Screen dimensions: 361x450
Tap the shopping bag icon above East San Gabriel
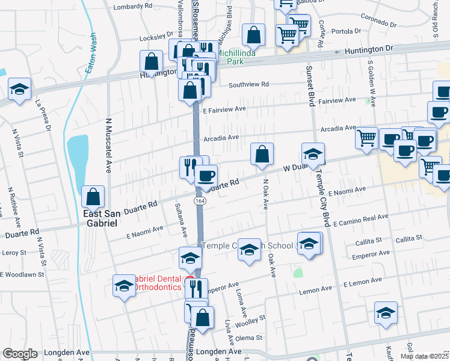pyautogui.click(x=93, y=196)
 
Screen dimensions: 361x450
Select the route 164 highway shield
pyautogui.click(x=198, y=199)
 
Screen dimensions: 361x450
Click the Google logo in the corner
pyautogui.click(x=20, y=354)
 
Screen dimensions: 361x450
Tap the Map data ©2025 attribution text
pyautogui.click(x=424, y=356)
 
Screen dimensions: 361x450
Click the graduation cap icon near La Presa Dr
pyautogui.click(x=20, y=90)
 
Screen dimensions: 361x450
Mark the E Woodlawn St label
pyautogui.click(x=22, y=274)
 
